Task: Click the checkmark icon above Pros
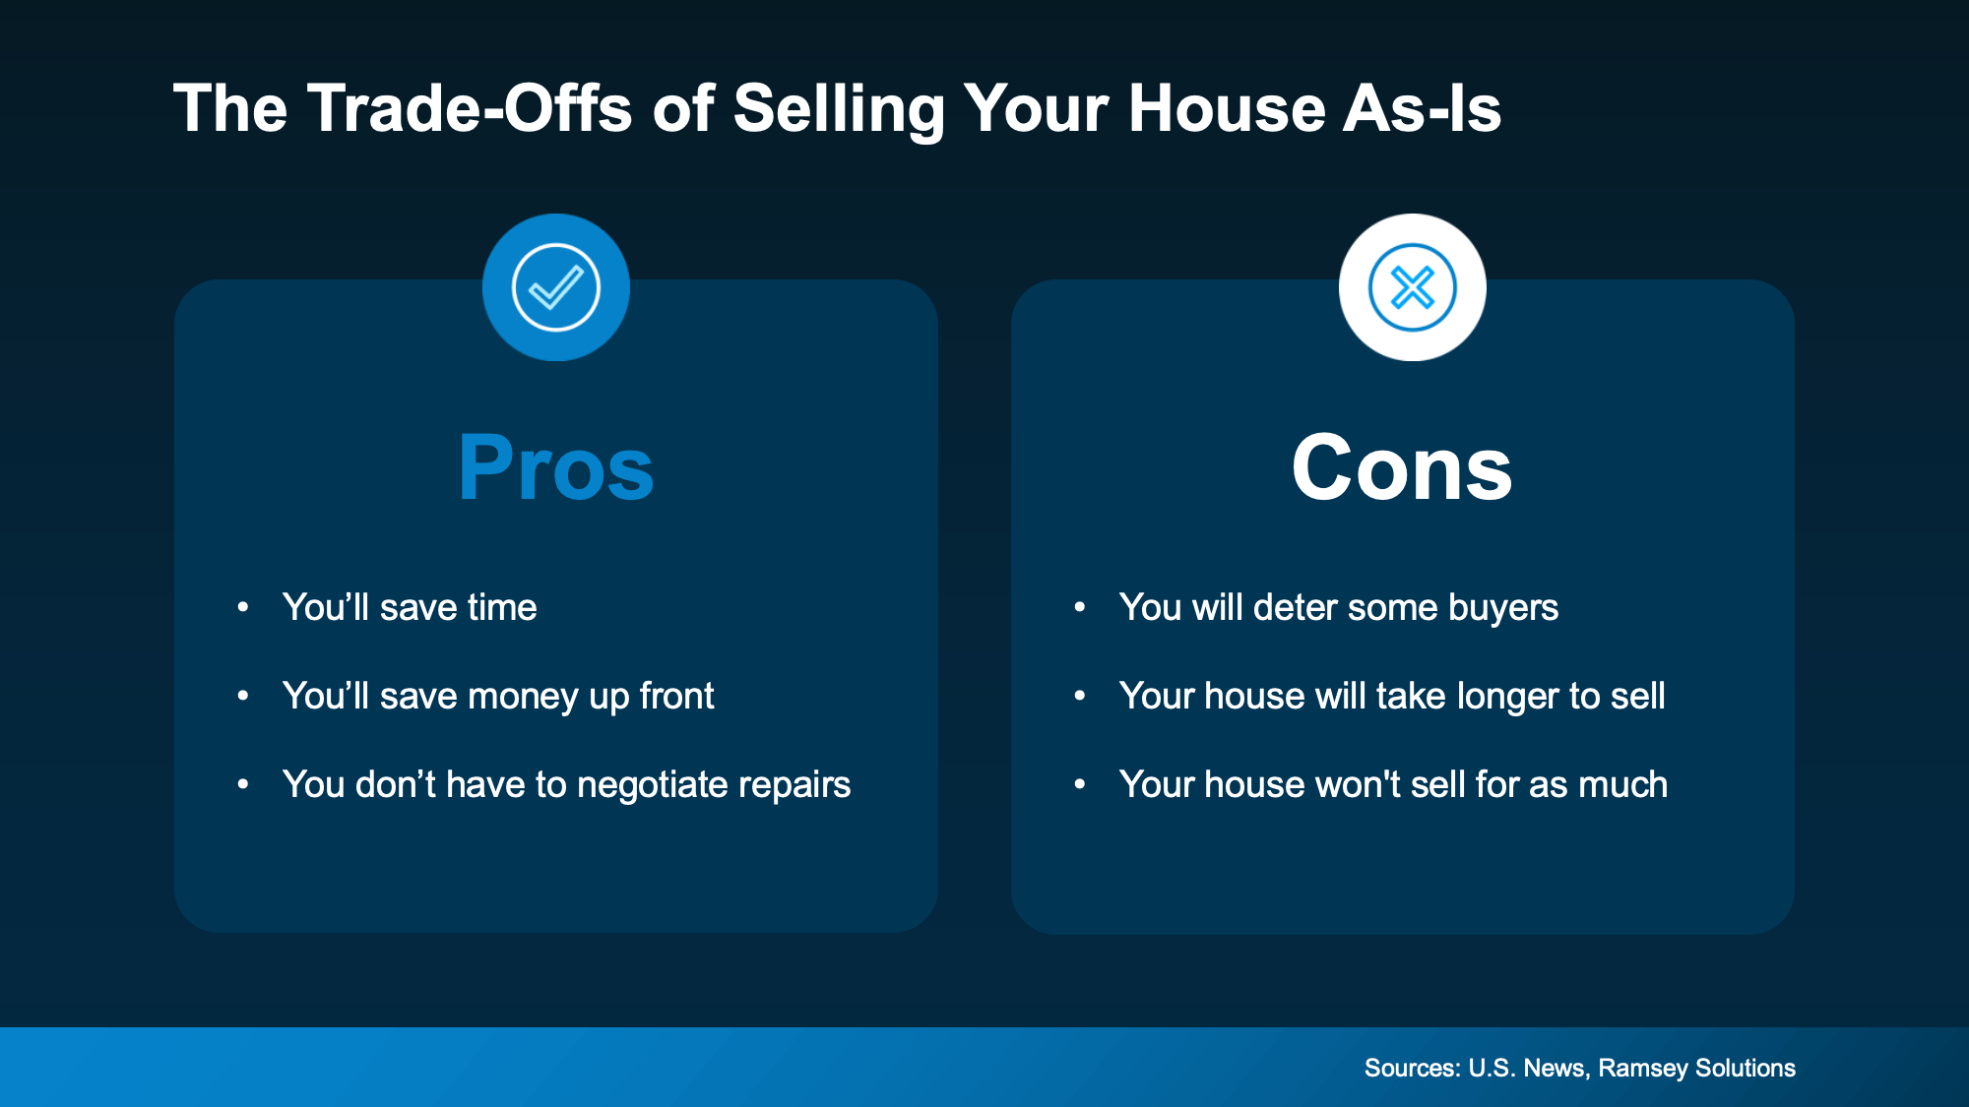(x=556, y=287)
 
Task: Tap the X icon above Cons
(x=1413, y=287)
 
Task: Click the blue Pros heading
(x=556, y=468)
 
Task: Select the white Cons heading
(x=1402, y=468)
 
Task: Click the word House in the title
(x=1227, y=108)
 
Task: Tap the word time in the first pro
(x=498, y=608)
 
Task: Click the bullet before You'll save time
(x=243, y=608)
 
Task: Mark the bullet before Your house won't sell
(x=1080, y=785)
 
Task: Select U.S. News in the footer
(x=1526, y=1069)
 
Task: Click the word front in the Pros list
(x=676, y=697)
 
